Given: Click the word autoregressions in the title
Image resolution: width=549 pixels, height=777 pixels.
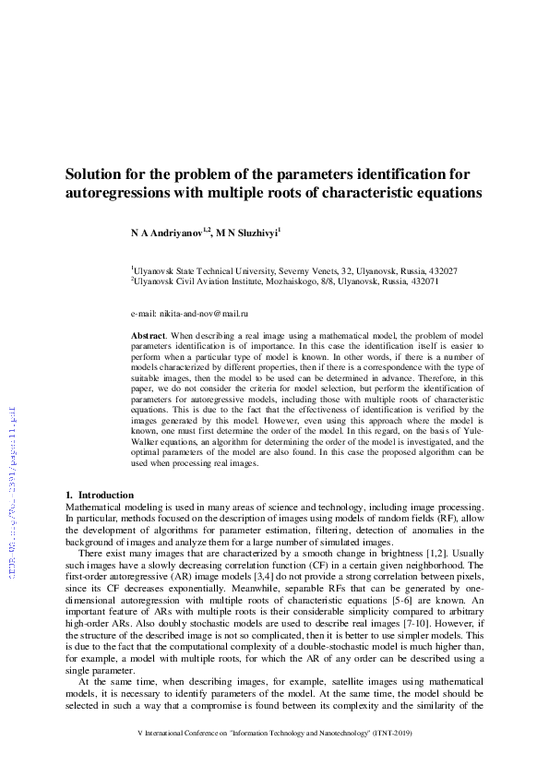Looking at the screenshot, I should [x=118, y=194].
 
